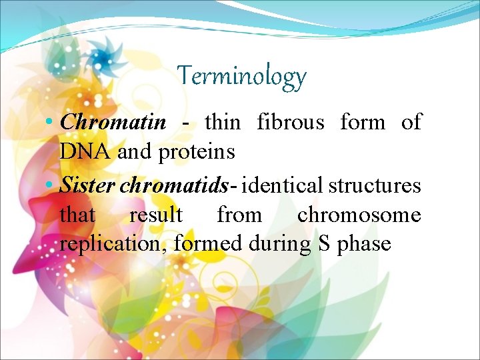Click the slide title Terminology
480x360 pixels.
click(241, 76)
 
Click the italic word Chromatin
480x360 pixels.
click(113, 122)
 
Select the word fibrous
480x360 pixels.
click(291, 122)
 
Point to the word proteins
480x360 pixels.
click(197, 152)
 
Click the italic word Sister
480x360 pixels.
click(87, 185)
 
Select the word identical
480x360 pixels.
click(283, 185)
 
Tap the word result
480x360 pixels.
click(155, 215)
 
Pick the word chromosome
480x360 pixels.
click(359, 215)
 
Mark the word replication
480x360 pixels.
click(114, 244)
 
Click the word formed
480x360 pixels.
click(208, 243)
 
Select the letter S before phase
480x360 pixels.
click(324, 243)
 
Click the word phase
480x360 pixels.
click(364, 244)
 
